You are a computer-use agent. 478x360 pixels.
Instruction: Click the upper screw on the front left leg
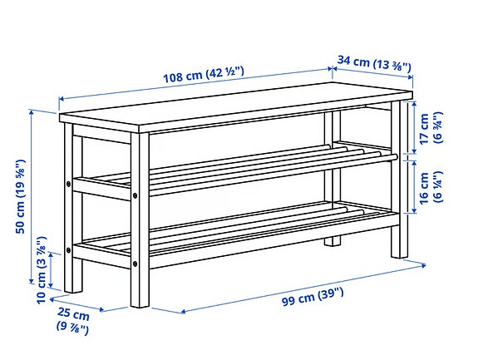(69, 183)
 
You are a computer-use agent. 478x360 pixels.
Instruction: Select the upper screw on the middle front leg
(134, 198)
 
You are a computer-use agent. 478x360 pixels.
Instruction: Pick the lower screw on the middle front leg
(134, 265)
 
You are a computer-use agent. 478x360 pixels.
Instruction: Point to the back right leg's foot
(333, 241)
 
